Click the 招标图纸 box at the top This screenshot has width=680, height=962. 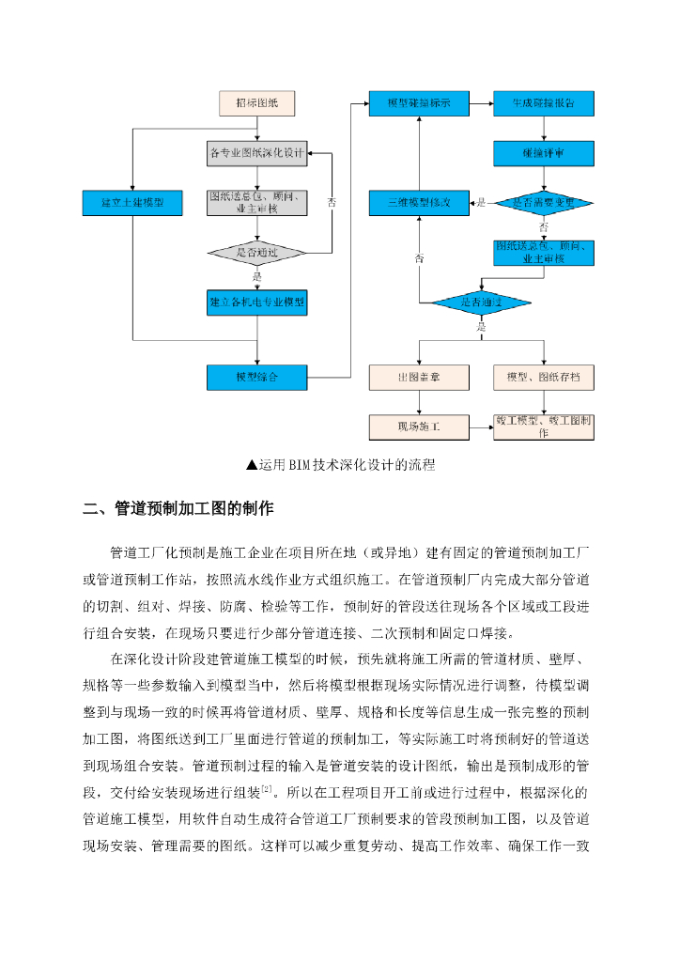(256, 102)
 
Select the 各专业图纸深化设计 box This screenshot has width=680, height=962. (256, 152)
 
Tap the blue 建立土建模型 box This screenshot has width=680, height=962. (131, 202)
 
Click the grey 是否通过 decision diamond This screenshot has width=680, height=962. (256, 253)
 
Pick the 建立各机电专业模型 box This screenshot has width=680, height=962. (256, 303)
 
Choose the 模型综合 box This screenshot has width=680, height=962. (256, 378)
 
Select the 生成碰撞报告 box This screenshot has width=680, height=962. (544, 102)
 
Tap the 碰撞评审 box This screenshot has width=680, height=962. (544, 152)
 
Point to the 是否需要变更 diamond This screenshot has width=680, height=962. (544, 202)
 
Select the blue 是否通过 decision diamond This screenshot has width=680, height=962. (482, 303)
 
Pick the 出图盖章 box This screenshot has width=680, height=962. (418, 378)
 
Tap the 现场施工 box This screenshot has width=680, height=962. (418, 427)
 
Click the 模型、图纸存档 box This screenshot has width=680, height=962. (544, 378)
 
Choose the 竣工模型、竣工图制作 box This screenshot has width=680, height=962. (544, 427)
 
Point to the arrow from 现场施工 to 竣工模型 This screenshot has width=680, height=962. (481, 427)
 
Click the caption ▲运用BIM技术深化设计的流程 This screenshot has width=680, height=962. (340, 464)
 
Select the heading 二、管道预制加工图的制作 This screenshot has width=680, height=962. (178, 509)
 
